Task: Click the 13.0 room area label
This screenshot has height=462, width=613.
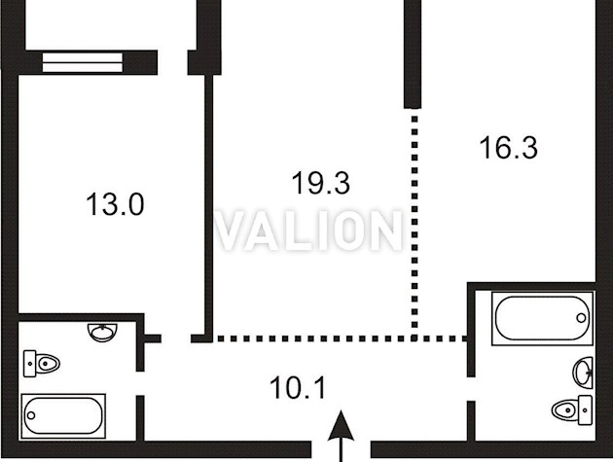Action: [115, 204]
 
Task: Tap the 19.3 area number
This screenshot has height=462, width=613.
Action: [321, 183]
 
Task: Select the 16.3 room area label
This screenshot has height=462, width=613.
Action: [509, 148]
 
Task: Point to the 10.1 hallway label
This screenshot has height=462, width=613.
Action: [298, 388]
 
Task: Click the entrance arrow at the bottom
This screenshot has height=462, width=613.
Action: [342, 436]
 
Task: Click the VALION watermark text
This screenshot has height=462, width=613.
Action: [308, 231]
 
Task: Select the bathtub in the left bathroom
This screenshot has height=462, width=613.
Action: [63, 416]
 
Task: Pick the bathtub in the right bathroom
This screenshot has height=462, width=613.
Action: [543, 318]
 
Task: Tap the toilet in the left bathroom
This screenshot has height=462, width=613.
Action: [41, 364]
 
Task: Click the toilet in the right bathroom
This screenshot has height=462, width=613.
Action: [571, 409]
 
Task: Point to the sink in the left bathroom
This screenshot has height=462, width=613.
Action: [102, 333]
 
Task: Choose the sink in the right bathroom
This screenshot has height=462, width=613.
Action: [583, 373]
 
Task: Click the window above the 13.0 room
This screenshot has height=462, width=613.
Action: [83, 62]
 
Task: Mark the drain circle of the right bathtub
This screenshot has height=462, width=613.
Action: [581, 318]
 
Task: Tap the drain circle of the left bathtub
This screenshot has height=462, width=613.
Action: [31, 415]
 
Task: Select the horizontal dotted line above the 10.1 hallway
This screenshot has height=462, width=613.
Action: [341, 338]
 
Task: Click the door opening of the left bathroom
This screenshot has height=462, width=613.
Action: [140, 383]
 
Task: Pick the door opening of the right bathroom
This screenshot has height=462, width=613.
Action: [472, 389]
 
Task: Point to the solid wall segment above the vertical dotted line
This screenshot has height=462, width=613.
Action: [413, 53]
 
